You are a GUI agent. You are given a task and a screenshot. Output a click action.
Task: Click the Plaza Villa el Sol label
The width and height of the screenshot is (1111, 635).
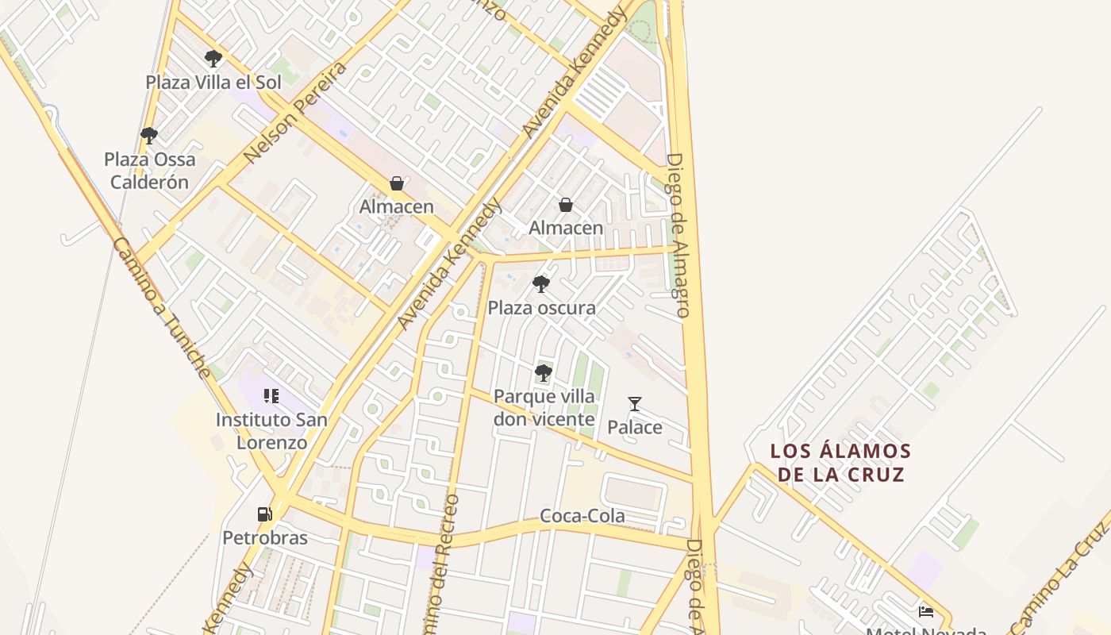[x=213, y=82]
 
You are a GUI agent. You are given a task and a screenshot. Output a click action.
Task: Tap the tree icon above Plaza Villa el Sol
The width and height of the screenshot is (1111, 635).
[x=213, y=58]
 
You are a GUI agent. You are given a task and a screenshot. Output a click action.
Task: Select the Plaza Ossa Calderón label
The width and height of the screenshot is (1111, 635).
[x=149, y=171]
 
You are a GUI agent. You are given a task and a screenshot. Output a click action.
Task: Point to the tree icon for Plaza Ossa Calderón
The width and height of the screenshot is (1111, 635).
[x=148, y=136]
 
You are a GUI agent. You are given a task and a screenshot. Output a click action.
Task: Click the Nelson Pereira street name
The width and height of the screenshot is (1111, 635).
[x=295, y=112]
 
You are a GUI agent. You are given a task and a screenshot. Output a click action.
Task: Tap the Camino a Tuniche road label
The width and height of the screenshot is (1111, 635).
[x=162, y=306]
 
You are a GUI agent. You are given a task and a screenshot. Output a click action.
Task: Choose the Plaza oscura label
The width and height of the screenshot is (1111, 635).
[x=541, y=308]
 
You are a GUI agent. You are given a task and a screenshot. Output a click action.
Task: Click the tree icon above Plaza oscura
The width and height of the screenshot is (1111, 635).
[x=541, y=284]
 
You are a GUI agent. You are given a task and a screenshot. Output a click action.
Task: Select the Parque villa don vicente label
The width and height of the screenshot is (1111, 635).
[x=544, y=408]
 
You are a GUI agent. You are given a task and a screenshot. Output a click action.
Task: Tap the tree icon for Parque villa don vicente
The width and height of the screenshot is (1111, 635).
[x=544, y=372]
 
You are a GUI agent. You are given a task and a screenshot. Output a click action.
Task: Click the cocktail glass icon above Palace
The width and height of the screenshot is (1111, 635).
[x=634, y=404]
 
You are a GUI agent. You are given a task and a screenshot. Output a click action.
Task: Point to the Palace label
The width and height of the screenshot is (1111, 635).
[x=634, y=428]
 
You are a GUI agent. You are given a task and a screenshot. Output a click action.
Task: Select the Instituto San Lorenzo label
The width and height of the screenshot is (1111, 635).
[x=271, y=431]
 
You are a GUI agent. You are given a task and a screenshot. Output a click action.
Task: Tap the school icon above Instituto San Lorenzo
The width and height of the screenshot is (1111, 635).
[x=271, y=396]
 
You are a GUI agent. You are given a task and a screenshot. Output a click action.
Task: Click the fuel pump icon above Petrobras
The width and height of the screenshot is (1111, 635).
[x=264, y=514]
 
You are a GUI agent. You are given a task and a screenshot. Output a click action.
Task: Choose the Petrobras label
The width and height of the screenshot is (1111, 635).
[x=264, y=538]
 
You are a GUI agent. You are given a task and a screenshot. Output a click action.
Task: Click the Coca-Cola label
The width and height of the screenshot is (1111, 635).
[x=582, y=516]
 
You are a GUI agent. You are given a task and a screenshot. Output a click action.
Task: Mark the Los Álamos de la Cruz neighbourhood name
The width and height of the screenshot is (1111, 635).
[x=840, y=463]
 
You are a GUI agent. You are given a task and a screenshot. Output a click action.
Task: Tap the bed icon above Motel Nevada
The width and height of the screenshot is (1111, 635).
[x=925, y=611]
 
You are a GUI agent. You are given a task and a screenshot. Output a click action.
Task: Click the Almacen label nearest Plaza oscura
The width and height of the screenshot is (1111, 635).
[x=566, y=229]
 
